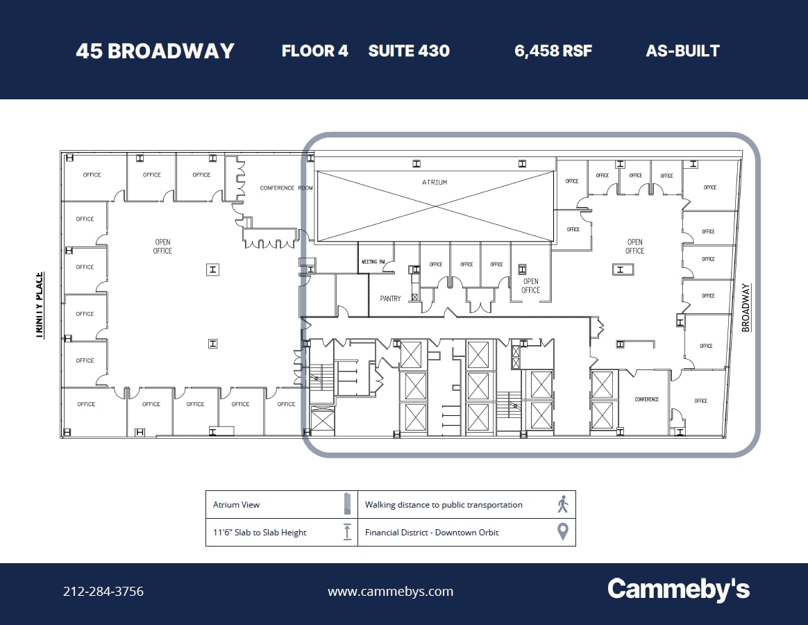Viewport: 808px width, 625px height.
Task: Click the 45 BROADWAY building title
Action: pos(155,51)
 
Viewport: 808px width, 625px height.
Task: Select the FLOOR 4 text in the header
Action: pos(314,51)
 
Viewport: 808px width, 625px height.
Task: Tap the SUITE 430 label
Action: pos(409,51)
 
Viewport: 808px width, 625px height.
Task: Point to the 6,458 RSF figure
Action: pos(553,51)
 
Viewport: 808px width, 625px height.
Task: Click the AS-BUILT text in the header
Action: pos(682,51)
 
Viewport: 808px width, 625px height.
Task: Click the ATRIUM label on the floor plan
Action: pos(435,182)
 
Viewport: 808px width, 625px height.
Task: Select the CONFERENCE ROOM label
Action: pos(287,188)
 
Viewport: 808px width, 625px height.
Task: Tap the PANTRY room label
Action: pos(390,299)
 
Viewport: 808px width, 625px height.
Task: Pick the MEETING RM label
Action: pos(373,262)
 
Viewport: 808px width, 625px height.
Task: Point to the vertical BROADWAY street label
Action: pos(746,308)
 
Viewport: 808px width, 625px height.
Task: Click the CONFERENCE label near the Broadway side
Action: pos(646,399)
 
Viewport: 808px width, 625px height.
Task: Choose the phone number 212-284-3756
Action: pos(103,592)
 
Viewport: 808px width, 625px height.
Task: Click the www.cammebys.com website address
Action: pos(390,592)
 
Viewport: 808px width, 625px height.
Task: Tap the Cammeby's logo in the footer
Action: pos(678,590)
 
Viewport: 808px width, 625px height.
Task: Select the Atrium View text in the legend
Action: pos(236,505)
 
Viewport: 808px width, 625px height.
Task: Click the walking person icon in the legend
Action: pos(563,505)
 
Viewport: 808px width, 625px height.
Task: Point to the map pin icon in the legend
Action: pos(563,532)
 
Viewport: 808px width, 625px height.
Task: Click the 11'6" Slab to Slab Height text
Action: pos(260,533)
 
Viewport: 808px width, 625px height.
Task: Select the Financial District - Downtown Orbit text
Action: pos(432,533)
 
